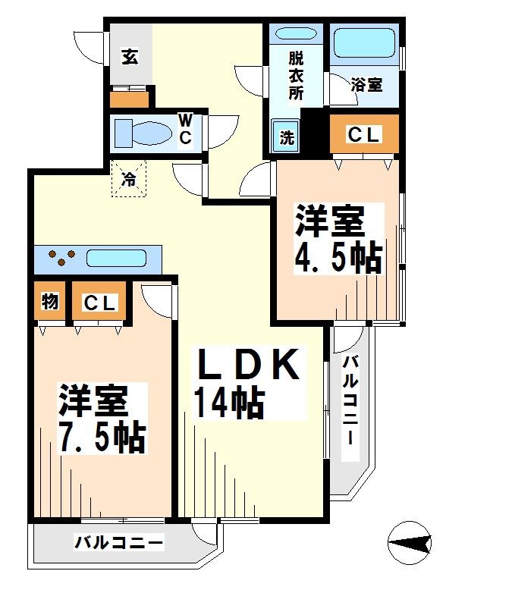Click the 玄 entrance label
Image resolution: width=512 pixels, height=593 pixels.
[x=130, y=58]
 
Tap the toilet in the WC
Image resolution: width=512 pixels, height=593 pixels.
[x=144, y=133]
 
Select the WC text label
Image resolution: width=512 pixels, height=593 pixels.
[x=184, y=130]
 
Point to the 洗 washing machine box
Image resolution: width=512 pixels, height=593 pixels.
[x=286, y=138]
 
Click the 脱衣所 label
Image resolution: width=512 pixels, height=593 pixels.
[x=294, y=76]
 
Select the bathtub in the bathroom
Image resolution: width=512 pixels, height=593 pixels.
[x=365, y=43]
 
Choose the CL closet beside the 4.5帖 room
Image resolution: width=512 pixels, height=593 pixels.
[x=363, y=135]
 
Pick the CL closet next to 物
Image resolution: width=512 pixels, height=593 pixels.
[x=99, y=303]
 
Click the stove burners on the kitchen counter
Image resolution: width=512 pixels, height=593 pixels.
[x=61, y=257]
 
